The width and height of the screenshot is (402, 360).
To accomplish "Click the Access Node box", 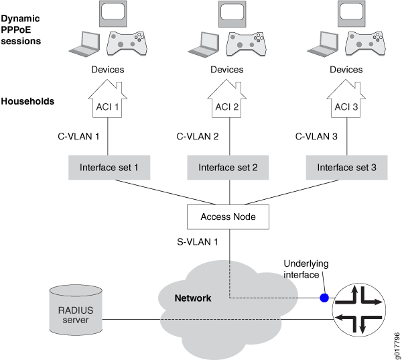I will [228, 217].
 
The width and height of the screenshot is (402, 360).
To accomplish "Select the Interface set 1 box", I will [109, 168].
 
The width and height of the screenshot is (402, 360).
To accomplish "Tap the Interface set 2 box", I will [228, 168].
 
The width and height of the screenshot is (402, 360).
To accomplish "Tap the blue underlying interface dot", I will [324, 297].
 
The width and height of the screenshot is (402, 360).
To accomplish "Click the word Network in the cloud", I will [193, 298].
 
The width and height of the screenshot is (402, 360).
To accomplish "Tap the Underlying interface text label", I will [306, 269].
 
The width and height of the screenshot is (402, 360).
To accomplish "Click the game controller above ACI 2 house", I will [247, 42].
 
